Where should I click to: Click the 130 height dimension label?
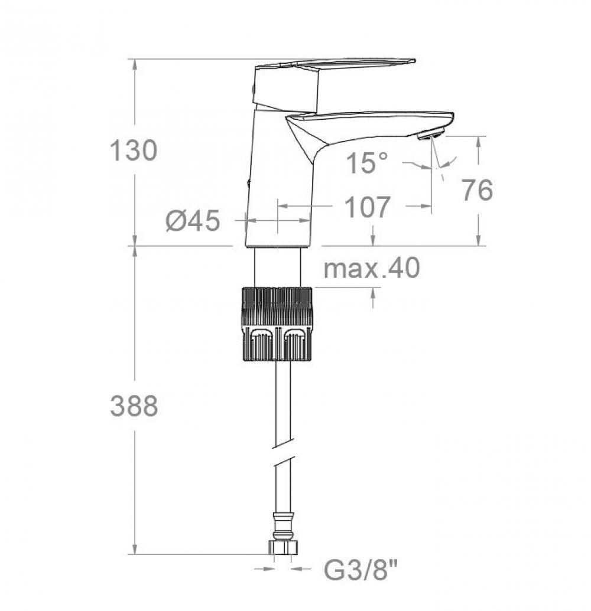tap(134, 151)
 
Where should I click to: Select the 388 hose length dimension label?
tap(134, 406)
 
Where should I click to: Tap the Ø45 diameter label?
tap(193, 221)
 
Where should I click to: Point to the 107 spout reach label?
tap(368, 207)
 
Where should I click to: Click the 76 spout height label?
tap(477, 190)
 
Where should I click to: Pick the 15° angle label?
tap(367, 162)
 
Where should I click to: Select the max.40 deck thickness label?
tap(372, 267)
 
